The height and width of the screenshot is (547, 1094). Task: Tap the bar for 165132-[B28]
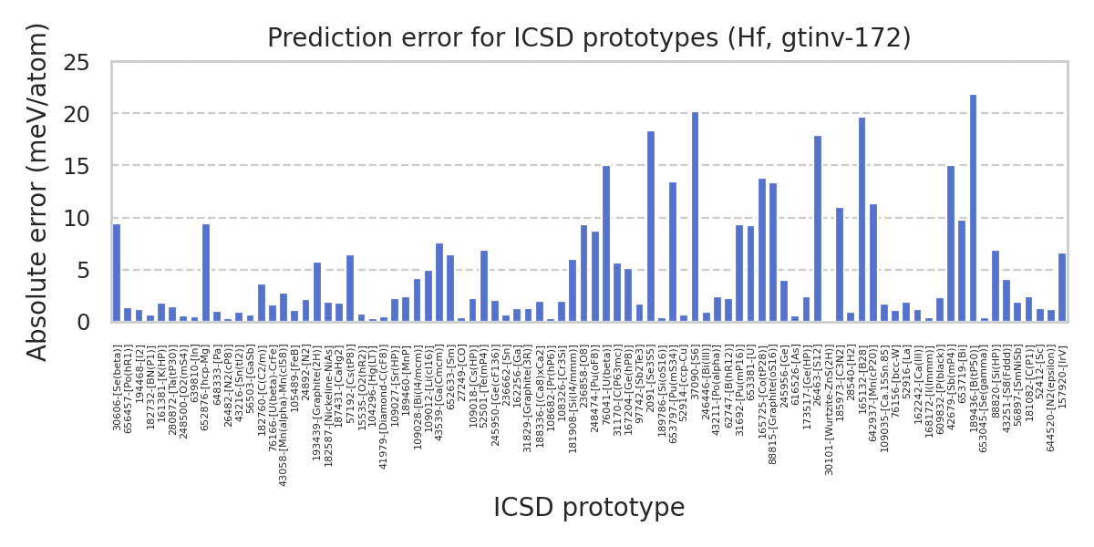tap(862, 220)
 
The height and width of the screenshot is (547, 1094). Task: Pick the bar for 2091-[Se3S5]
tap(651, 227)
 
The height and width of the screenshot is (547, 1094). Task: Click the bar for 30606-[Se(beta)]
tap(117, 273)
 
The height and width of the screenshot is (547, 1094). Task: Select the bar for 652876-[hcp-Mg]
tap(206, 273)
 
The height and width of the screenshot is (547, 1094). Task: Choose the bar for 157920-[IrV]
tap(1062, 287)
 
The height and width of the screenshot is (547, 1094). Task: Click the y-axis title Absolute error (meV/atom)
tap(37, 191)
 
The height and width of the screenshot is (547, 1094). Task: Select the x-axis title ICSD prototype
tap(589, 508)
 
